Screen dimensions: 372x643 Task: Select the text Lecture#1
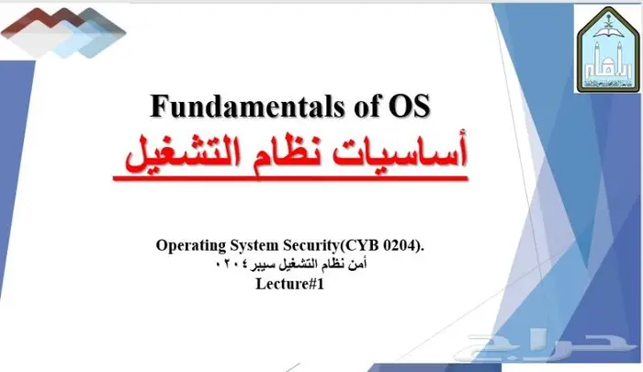[290, 283]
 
